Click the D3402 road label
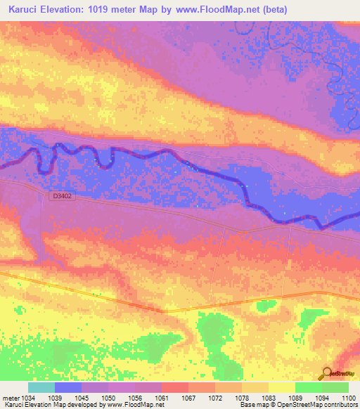62,197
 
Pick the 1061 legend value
162,398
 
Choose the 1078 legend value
241,398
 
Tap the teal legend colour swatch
41,387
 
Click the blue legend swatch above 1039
68,387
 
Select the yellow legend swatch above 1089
281,387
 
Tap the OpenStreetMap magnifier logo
327,374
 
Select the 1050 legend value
108,398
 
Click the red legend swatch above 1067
174,387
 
